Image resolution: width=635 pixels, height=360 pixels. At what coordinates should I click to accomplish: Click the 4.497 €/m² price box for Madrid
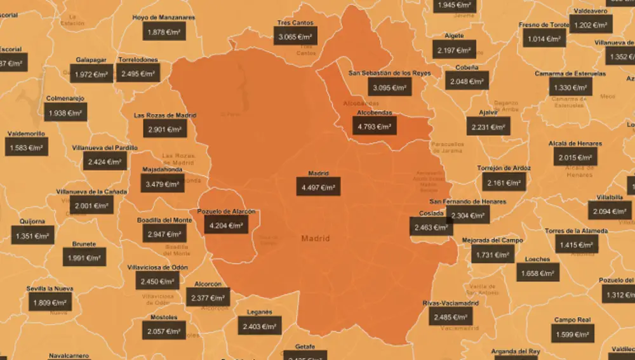pos(318,187)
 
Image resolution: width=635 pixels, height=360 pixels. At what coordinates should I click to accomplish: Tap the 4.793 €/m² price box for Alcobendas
pos(374,126)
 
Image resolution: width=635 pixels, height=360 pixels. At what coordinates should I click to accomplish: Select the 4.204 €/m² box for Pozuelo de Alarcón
pos(225,225)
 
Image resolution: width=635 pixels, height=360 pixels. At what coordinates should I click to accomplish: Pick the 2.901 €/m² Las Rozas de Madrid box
pos(164,129)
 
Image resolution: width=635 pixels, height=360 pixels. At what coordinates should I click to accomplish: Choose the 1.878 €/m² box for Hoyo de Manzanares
pos(164,31)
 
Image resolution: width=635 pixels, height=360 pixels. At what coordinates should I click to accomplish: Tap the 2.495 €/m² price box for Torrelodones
pos(138,74)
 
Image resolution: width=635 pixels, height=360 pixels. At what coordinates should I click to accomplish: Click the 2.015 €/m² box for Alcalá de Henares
pos(575,157)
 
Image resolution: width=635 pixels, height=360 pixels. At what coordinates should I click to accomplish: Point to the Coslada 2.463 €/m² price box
pos(431,226)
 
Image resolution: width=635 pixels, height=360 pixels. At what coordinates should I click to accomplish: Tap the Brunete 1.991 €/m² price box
pos(84,258)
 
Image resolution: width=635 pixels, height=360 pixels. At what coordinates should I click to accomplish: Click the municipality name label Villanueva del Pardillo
pos(105,147)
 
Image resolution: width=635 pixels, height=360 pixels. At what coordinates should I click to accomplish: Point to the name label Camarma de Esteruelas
pos(570,74)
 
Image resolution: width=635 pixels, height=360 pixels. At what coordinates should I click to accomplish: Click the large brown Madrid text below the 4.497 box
pos(316,239)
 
